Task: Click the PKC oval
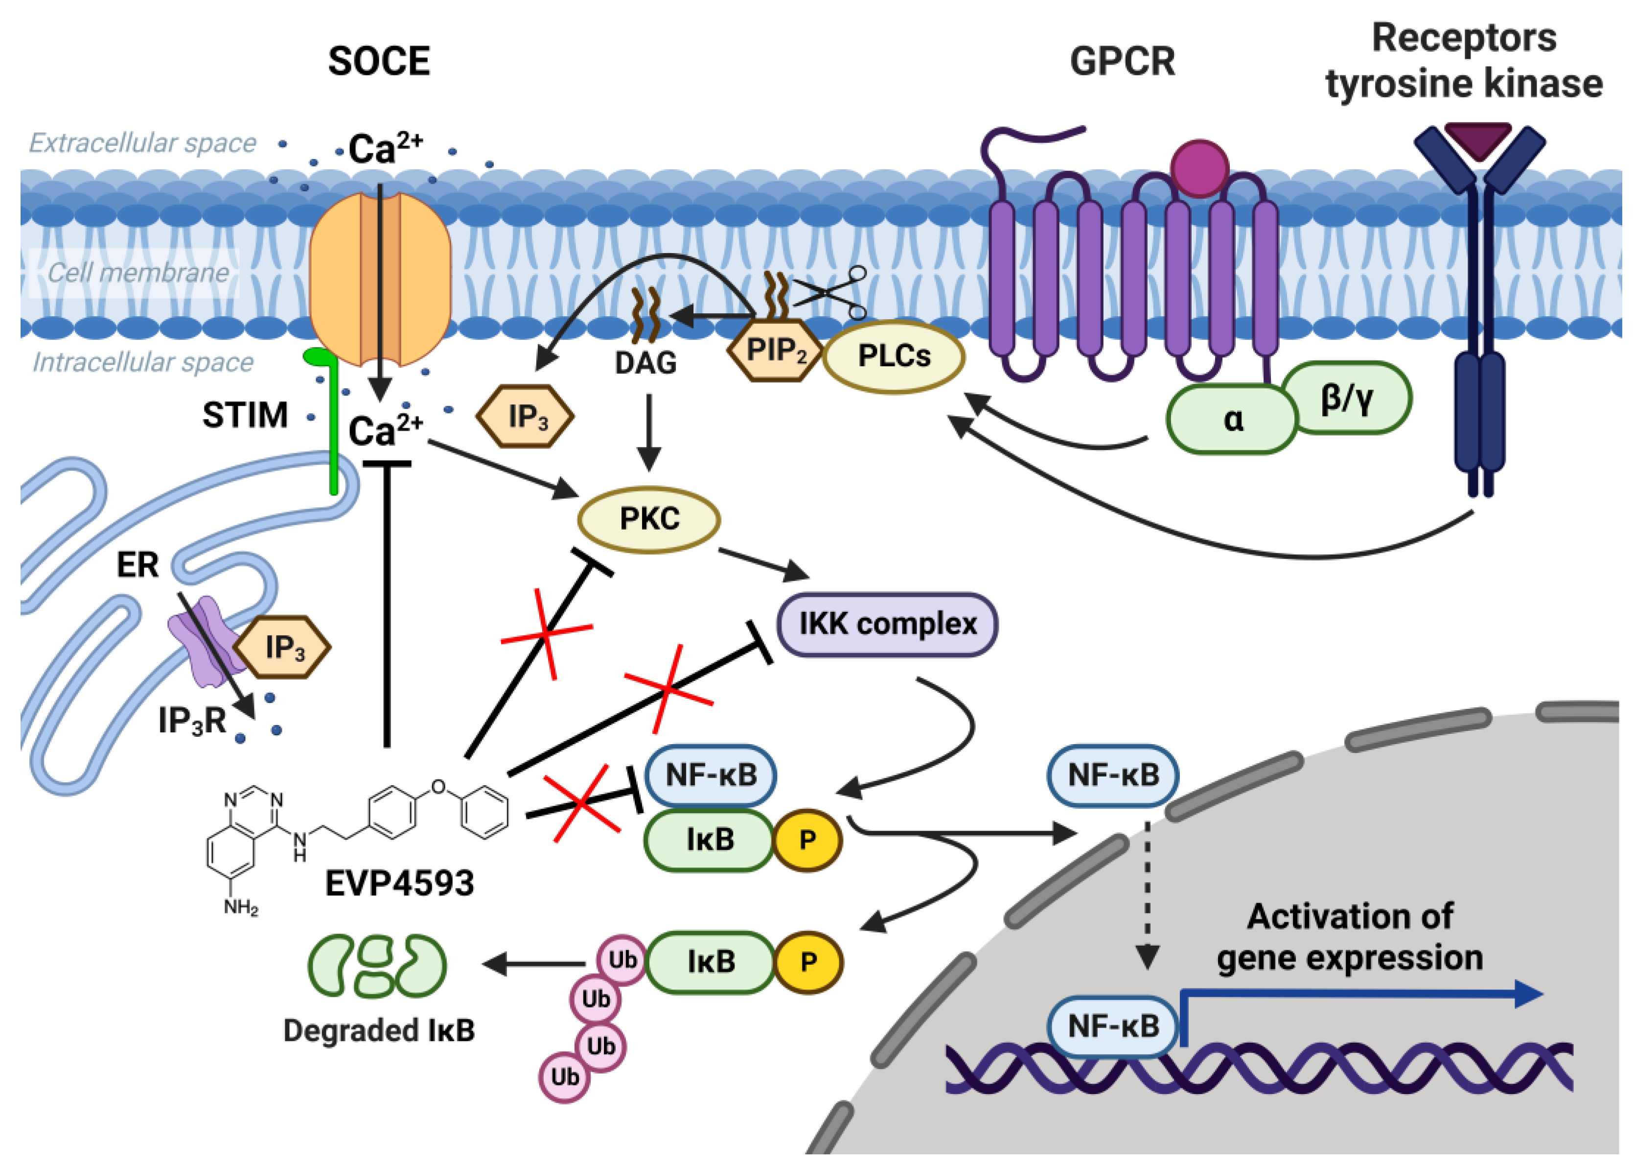(x=648, y=519)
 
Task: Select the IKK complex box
(x=887, y=624)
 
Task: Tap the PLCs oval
(x=894, y=356)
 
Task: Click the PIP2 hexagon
(x=775, y=351)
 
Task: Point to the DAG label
(x=645, y=362)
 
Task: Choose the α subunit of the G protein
(x=1232, y=420)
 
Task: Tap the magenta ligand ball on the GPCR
(x=1199, y=168)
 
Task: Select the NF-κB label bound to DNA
(x=1113, y=1026)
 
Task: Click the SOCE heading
(x=379, y=61)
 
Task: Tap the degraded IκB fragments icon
(x=377, y=965)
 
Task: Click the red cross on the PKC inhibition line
(x=546, y=634)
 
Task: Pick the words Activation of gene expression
(x=1349, y=937)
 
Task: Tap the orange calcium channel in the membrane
(x=380, y=278)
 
